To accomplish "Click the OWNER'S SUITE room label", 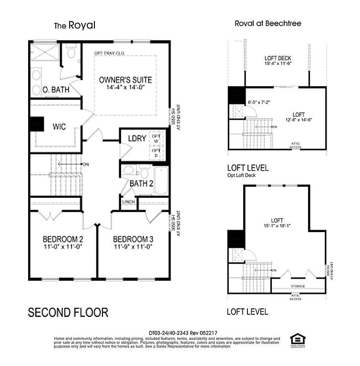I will coord(125,80).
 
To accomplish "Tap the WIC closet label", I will coord(59,127).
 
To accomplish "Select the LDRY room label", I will coord(137,139).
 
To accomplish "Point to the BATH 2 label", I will coord(141,183).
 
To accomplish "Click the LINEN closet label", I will coord(129,202).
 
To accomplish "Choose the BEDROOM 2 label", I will coord(63,239).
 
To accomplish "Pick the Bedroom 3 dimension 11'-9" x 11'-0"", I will coord(133,247).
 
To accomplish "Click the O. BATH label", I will coord(56,89).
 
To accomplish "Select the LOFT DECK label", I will coord(278,59).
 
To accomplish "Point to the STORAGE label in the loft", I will coord(298,286).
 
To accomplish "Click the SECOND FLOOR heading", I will coord(68,313).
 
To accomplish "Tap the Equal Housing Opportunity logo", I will coord(298,339).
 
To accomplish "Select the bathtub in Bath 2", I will coord(161,181).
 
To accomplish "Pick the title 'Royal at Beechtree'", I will coord(268,23).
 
